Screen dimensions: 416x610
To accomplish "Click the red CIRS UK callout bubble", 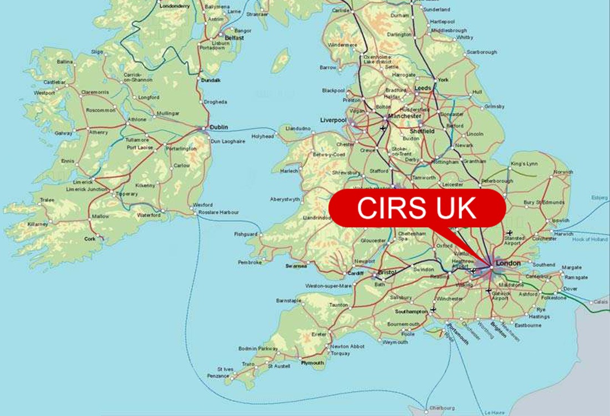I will pos(416,208).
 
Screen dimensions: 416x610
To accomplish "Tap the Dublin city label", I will pos(218,127).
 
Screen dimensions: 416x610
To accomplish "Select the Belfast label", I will pos(234,38).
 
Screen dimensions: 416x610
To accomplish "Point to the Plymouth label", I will pos(312,363).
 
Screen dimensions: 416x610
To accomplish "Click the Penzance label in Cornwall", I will pos(218,376).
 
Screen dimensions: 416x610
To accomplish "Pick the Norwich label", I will pos(563,172).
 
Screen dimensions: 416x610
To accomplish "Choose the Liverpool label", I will pos(333,120).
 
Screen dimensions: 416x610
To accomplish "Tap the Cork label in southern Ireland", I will pos(89,238).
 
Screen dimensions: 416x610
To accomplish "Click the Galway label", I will pos(64,133).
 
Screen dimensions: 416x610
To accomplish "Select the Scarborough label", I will pos(482,52).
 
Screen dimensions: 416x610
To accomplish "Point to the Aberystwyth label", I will pos(286,199).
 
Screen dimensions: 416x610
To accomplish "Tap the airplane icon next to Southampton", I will pos(433,309).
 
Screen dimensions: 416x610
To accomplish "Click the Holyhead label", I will pos(263,136).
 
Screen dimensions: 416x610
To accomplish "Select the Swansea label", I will pos(296,266).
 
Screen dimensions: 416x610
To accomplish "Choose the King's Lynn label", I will pos(525,164).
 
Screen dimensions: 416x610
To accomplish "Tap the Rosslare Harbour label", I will pos(220,212).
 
